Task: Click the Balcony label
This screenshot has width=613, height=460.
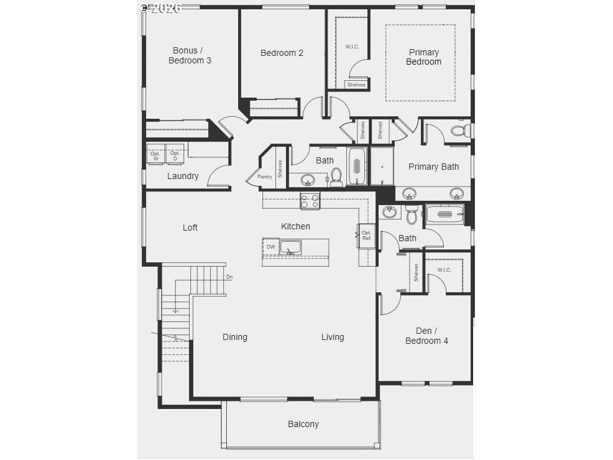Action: pyautogui.click(x=303, y=424)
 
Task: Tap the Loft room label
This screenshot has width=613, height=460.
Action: pyautogui.click(x=190, y=228)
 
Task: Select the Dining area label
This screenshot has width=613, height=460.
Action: pyautogui.click(x=235, y=337)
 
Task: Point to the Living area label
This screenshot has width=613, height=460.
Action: pyautogui.click(x=333, y=337)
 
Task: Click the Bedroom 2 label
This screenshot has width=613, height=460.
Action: pyautogui.click(x=282, y=53)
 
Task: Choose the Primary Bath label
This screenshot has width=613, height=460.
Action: pyautogui.click(x=433, y=167)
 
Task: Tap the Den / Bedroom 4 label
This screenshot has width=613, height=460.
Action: pyautogui.click(x=426, y=336)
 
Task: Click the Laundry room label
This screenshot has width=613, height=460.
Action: pyautogui.click(x=183, y=176)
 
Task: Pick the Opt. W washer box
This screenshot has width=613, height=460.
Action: pyautogui.click(x=155, y=154)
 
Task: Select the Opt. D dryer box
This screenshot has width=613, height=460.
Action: pyautogui.click(x=175, y=154)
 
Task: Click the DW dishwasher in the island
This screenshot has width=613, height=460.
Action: pyautogui.click(x=270, y=247)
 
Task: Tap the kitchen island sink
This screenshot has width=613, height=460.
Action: pyautogui.click(x=290, y=247)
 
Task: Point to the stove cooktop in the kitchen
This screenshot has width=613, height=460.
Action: pyautogui.click(x=310, y=201)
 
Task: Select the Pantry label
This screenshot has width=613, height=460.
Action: pyautogui.click(x=264, y=177)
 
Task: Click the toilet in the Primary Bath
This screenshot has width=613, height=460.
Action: pyautogui.click(x=461, y=131)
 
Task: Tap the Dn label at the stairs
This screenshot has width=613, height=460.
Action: pyautogui.click(x=229, y=277)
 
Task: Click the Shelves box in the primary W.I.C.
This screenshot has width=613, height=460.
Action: pyautogui.click(x=356, y=85)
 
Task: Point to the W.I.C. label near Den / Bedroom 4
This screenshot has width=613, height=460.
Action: pyautogui.click(x=444, y=270)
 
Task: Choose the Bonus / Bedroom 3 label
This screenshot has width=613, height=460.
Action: pyautogui.click(x=185, y=55)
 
